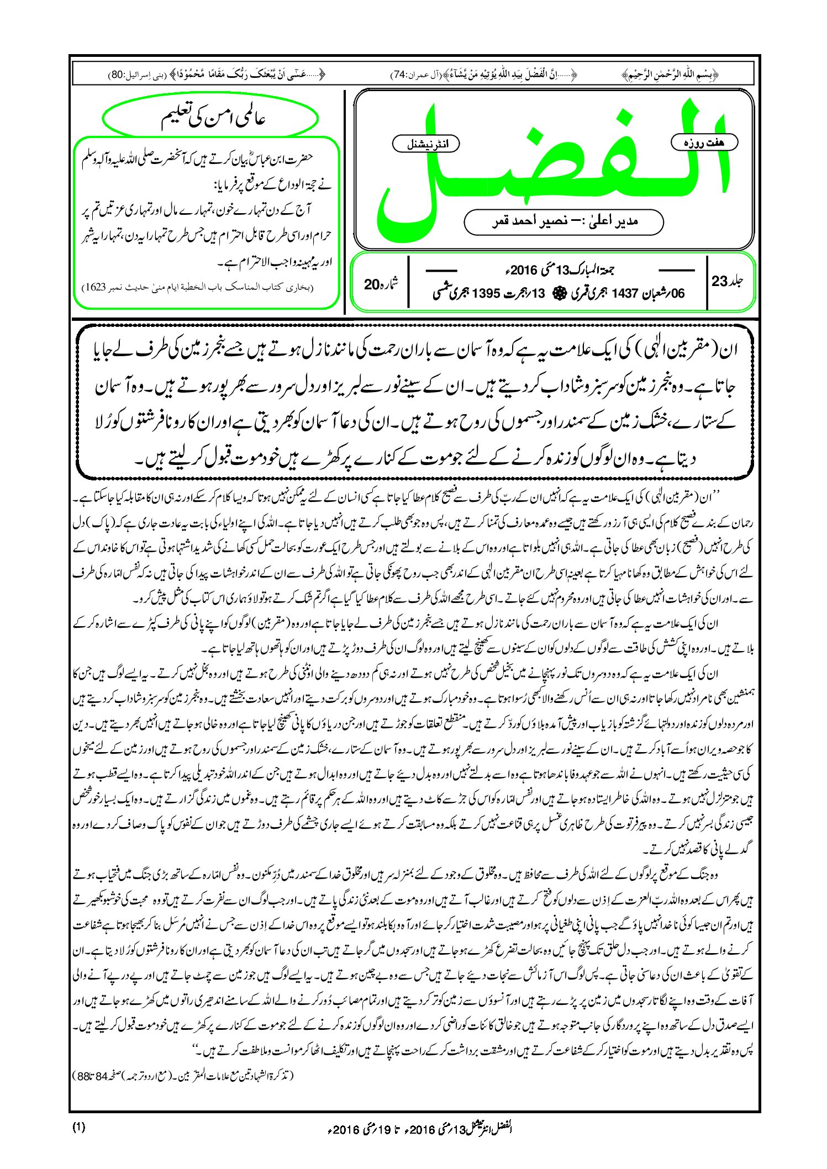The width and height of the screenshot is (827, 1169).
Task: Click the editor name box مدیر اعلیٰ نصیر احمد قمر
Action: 563,221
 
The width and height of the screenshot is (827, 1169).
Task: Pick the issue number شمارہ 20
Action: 381,284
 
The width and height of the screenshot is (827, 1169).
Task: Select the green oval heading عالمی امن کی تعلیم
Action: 210,119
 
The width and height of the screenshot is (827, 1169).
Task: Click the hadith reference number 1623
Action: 94,288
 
